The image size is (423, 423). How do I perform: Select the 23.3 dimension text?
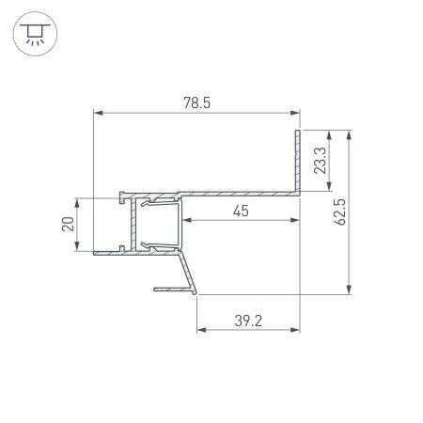coord(321,161)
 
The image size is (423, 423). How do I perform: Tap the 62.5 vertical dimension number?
coord(339,212)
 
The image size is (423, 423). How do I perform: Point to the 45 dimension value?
coord(241,211)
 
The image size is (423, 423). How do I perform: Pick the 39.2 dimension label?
coord(247,321)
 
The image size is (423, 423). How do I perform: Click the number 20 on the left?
coord(67,225)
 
